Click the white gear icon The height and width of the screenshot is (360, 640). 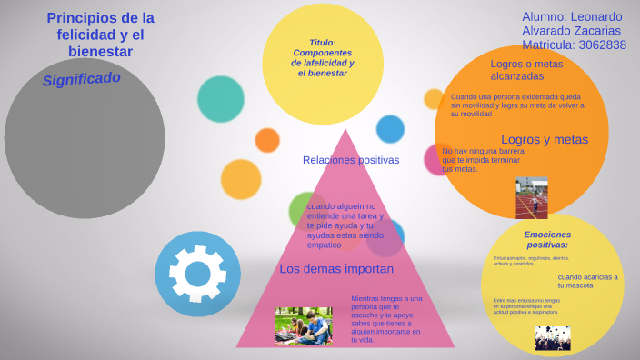click(197, 273)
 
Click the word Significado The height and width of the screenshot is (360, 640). click(81, 79)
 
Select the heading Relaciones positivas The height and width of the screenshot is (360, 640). click(351, 160)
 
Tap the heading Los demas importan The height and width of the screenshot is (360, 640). click(336, 269)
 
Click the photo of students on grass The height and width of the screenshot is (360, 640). click(303, 325)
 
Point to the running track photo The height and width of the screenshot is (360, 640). click(532, 197)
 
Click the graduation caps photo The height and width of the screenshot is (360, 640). click(552, 338)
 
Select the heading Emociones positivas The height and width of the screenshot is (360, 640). click(547, 240)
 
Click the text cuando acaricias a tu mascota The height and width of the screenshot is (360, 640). click(587, 280)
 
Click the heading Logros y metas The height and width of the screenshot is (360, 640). click(545, 139)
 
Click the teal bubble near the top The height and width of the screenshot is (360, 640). click(221, 99)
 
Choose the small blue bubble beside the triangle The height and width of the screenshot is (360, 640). click(390, 129)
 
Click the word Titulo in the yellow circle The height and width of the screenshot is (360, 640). click(323, 43)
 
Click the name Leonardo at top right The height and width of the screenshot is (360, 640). click(597, 17)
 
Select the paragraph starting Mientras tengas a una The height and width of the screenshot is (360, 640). click(386, 318)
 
